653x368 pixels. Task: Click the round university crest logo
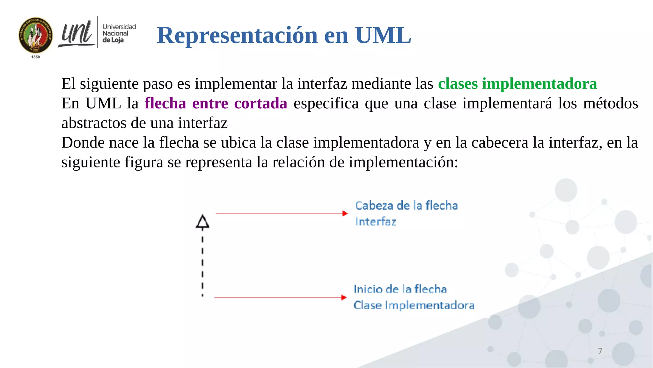tap(36, 35)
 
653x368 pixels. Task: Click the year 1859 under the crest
tap(36, 57)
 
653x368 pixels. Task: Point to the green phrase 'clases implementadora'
tap(517, 84)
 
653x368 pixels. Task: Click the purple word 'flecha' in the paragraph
tap(165, 103)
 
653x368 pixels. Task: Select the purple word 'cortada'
tap(260, 103)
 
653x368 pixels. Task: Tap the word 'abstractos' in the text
tap(93, 123)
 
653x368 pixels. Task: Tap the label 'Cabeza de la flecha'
tap(406, 205)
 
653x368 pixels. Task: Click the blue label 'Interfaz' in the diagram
tap(375, 222)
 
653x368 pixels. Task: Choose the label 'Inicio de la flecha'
tap(400, 289)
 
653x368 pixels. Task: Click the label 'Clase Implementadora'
tap(414, 305)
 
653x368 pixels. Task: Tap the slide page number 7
tap(600, 351)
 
